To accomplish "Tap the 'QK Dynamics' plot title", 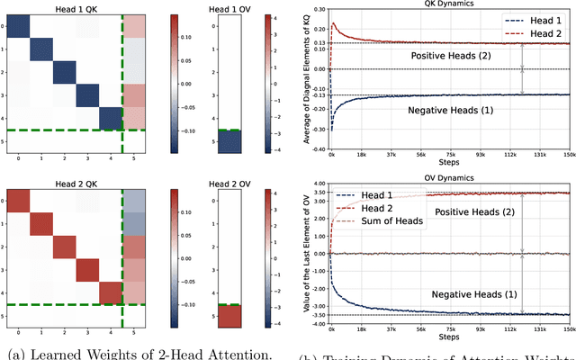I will click(454, 4).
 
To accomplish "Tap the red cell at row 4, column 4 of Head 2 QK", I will click(110, 292).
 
